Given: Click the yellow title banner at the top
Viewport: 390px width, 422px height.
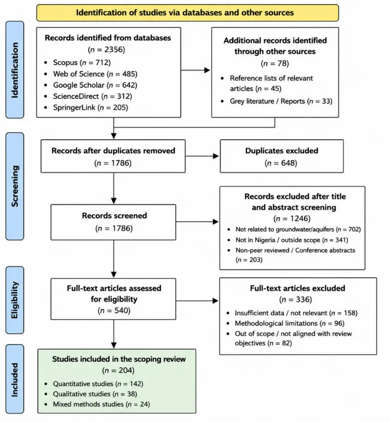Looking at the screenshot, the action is coord(187,12).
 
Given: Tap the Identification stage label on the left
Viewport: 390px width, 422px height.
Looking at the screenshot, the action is coord(15,70).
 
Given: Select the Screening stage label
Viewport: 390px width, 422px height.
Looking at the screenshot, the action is coord(15,186).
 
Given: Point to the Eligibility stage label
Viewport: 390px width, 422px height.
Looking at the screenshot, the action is coord(15,300).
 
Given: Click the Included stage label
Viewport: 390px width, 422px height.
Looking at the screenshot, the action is coord(15,380).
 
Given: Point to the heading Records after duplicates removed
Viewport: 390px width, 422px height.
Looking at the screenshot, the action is coord(113,151).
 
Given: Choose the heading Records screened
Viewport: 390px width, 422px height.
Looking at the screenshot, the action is coord(114,215).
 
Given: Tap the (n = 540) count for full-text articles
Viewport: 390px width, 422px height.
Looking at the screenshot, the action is coord(114,310).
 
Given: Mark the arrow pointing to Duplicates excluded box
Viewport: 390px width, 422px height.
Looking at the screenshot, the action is coord(202,156).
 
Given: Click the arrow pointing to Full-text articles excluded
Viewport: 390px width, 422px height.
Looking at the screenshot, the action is coord(197,301).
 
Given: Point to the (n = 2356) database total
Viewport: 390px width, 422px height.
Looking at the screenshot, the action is coord(107,49).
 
